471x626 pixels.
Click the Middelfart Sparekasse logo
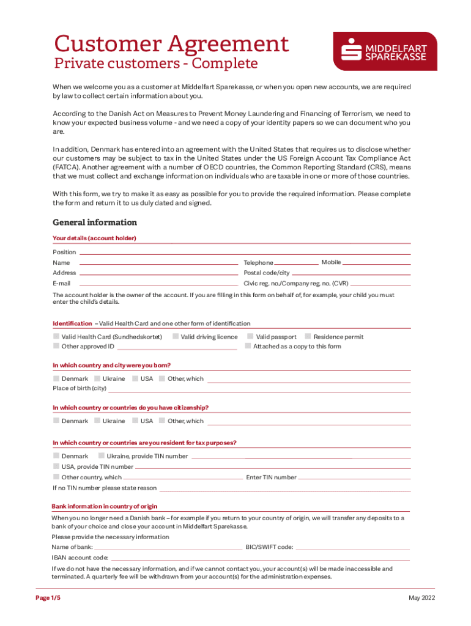(x=385, y=51)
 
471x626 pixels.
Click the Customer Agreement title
(x=171, y=44)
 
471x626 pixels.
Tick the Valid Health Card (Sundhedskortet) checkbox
(x=56, y=337)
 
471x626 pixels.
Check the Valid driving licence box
(x=176, y=337)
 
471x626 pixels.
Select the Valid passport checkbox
(x=250, y=337)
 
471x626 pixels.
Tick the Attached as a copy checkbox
(x=248, y=347)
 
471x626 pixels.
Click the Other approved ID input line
(x=177, y=347)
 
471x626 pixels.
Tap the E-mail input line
(x=159, y=284)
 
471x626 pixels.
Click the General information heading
(x=95, y=223)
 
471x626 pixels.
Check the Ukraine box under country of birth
(x=97, y=379)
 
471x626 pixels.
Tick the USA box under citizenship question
(x=135, y=421)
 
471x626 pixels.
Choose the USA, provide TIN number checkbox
(x=56, y=467)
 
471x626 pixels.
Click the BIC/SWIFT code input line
(x=353, y=548)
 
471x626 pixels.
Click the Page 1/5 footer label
(x=48, y=598)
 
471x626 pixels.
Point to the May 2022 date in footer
(x=421, y=598)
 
